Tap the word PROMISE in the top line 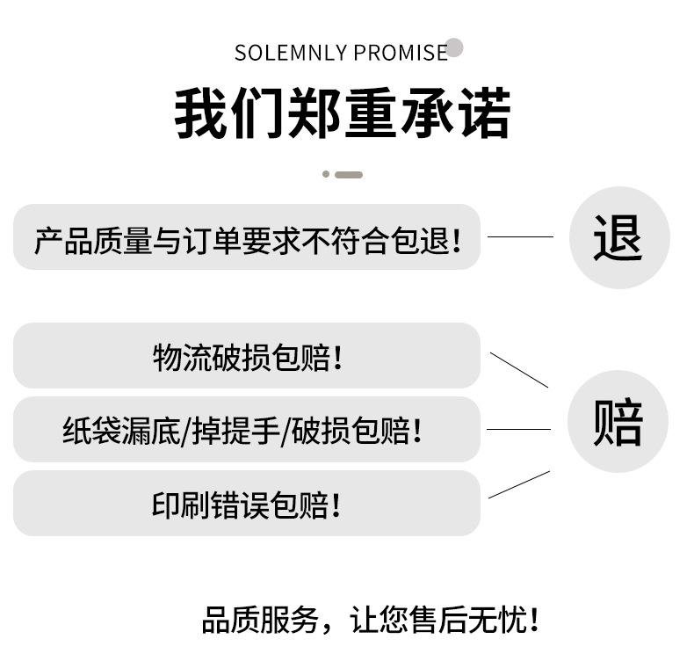click(401, 54)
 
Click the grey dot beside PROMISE click(454, 47)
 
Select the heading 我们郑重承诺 click(342, 113)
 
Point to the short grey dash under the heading click(349, 175)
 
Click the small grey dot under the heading click(326, 174)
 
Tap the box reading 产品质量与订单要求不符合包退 click(247, 237)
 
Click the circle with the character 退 click(618, 237)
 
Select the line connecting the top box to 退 click(520, 236)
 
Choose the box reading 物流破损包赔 click(247, 356)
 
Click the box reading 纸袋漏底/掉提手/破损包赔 click(247, 430)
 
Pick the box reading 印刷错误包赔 click(247, 504)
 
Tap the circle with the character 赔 click(618, 422)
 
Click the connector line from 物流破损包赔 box click(518, 370)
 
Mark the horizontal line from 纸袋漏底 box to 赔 click(518, 430)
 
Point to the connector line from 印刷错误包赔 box click(518, 485)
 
